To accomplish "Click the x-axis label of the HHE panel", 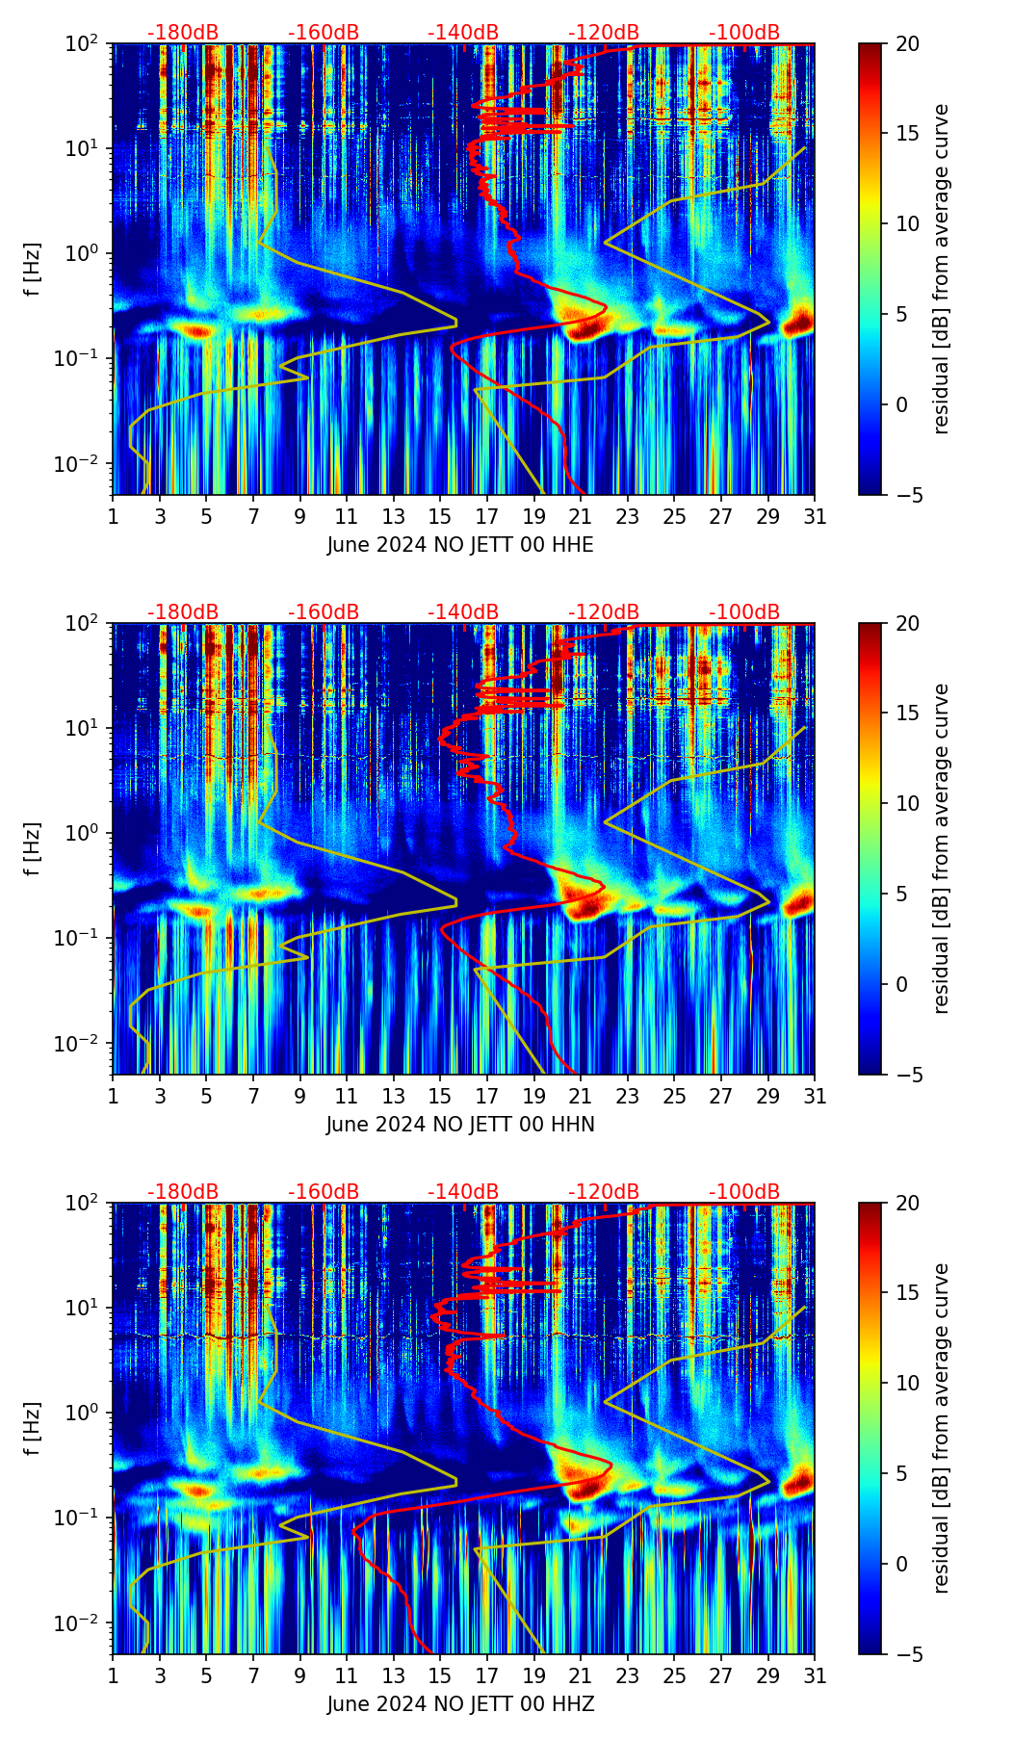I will point(460,545).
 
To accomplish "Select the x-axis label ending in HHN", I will point(460,1125).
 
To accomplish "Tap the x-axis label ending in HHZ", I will point(460,1704).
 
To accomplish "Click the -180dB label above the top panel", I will point(183,33).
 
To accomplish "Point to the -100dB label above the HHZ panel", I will point(744,1192).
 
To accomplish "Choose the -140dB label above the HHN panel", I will point(463,612).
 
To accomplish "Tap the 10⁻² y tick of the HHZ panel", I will point(87,1623).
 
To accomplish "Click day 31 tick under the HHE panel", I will point(815,516).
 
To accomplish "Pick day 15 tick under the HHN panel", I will point(440,1096).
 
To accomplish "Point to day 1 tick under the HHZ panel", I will point(114,1675).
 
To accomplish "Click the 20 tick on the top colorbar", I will point(907,44).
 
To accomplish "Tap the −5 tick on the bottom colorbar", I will point(907,1654).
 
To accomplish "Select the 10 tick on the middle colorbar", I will point(907,803).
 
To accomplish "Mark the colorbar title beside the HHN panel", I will point(941,848).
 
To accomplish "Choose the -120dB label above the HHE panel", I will point(604,33).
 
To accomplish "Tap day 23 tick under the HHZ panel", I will point(627,1675).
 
